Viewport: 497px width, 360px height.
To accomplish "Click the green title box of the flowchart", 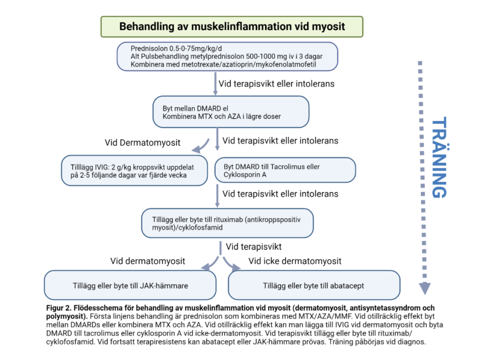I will [232, 26].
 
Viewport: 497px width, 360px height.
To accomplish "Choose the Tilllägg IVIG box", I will [134, 170].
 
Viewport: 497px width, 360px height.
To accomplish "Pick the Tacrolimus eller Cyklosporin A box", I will [285, 170].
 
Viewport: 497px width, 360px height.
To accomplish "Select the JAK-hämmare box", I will [130, 285].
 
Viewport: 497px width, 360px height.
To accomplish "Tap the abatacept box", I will [314, 285].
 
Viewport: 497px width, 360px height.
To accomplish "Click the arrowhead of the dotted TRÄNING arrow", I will [424, 288].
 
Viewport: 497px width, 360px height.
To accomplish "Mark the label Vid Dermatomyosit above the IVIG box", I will [143, 143].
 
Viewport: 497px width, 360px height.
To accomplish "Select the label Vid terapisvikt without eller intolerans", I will [254, 246].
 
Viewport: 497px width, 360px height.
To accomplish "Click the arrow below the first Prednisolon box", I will [215, 83].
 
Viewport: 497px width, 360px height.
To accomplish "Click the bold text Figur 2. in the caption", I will [58, 308].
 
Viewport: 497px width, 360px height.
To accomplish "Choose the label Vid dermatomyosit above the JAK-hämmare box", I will [148, 261].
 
